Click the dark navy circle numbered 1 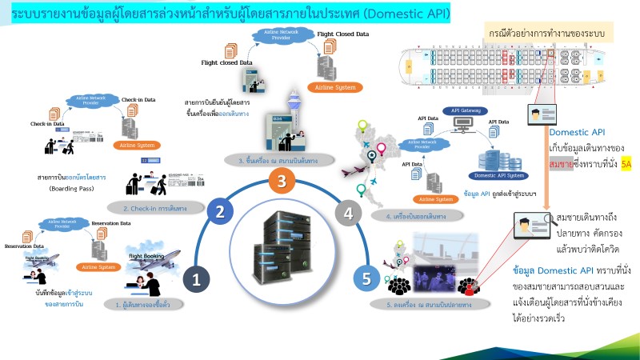(x=195, y=278)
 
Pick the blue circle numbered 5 (x=366, y=278)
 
